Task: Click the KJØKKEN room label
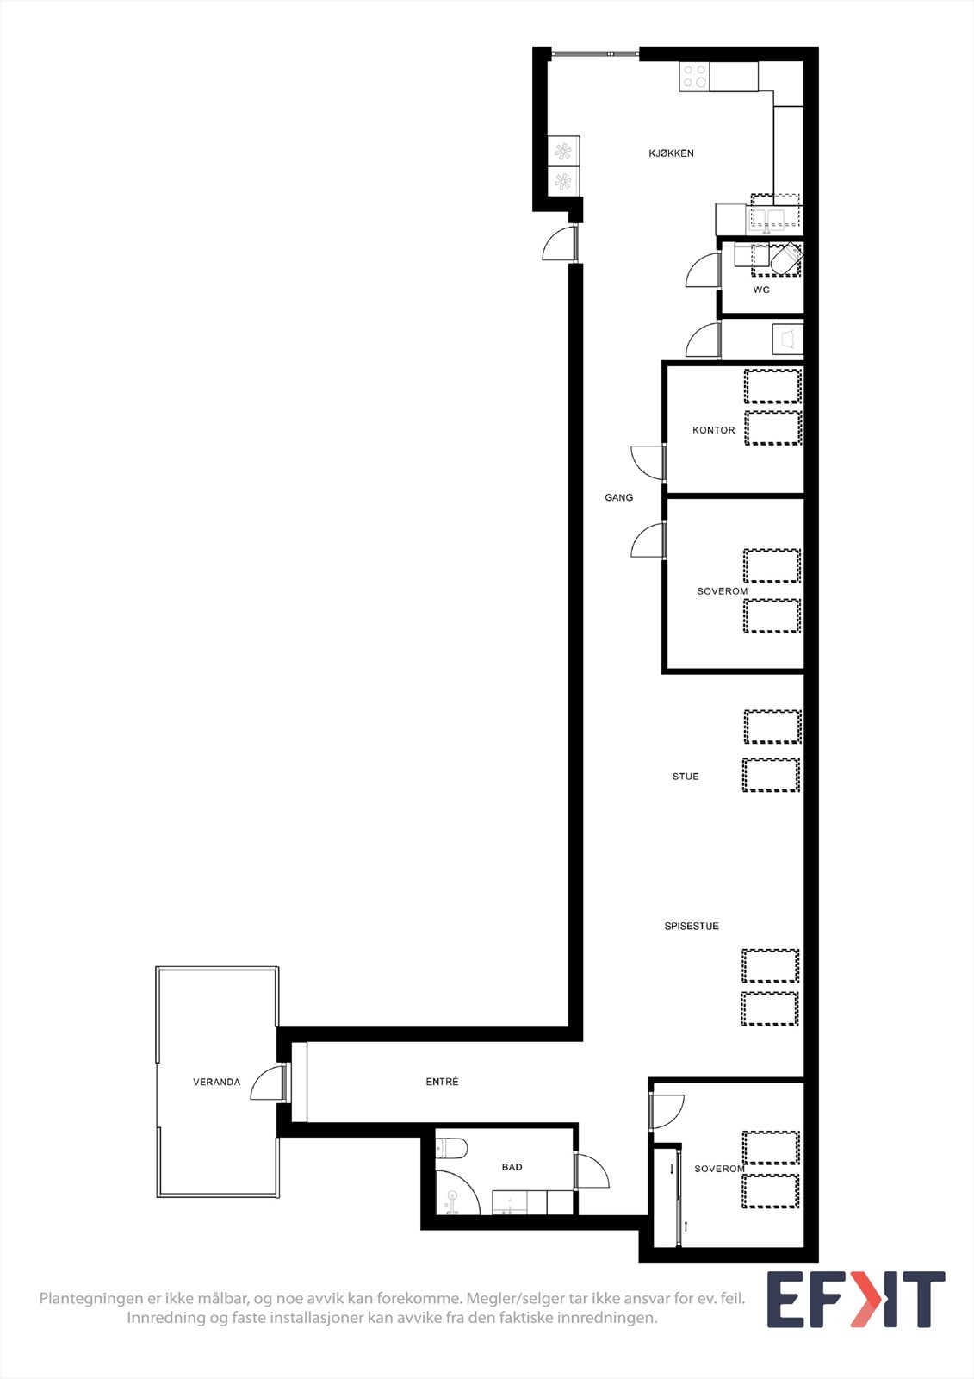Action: point(671,153)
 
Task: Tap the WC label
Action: point(761,290)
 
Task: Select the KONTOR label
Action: point(714,430)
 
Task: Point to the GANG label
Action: point(618,498)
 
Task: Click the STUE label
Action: point(686,777)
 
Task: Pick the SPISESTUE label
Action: point(692,927)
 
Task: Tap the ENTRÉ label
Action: point(442,1082)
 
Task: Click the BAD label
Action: point(512,1167)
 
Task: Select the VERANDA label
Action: point(216,1083)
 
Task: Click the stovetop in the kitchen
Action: point(695,77)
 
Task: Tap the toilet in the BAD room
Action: point(452,1148)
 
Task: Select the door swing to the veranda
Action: point(268,1083)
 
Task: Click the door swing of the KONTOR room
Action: point(647,462)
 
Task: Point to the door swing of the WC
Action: point(703,271)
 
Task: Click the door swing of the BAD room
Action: point(592,1170)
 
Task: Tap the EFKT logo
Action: point(855,1299)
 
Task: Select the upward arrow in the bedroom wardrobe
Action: point(686,1225)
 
